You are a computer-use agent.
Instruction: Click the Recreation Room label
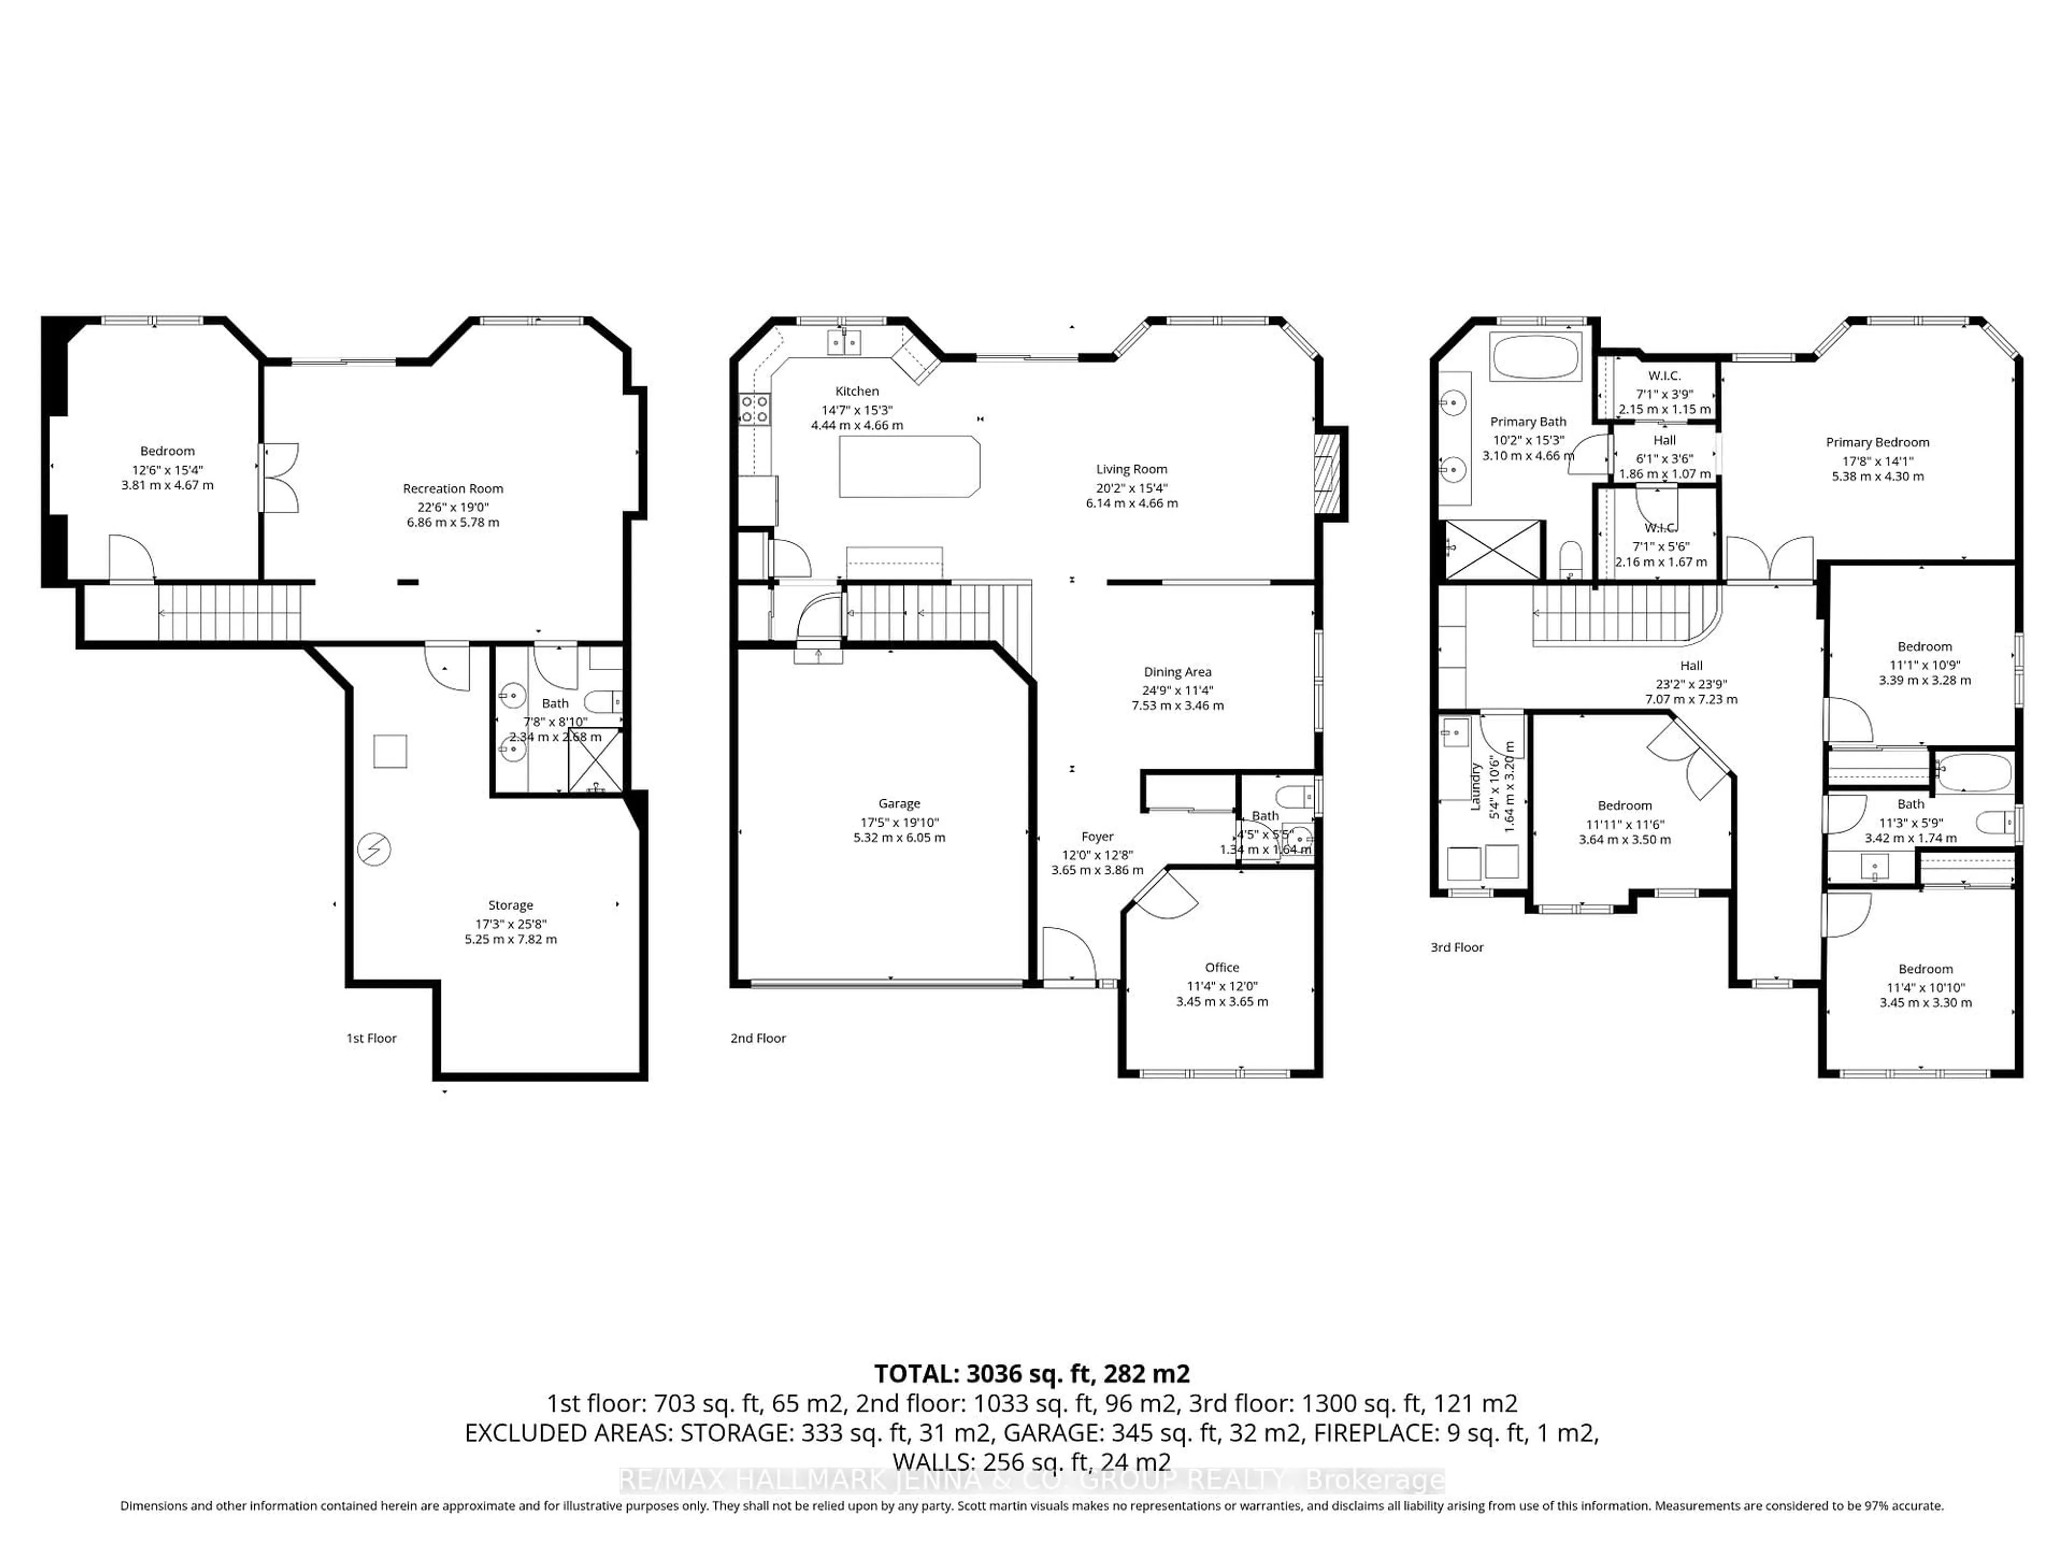pyautogui.click(x=453, y=488)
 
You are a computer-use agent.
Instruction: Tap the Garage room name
pyautogui.click(x=899, y=804)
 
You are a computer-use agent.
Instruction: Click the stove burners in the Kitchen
pyautogui.click(x=754, y=408)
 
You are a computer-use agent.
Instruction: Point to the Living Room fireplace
pyautogui.click(x=1329, y=472)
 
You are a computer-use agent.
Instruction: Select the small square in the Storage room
pyautogui.click(x=390, y=751)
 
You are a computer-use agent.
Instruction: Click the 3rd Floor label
pyautogui.click(x=1457, y=947)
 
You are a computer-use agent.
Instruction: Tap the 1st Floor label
pyautogui.click(x=371, y=1037)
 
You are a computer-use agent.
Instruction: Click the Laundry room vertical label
pyautogui.click(x=1476, y=786)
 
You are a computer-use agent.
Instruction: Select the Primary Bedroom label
pyautogui.click(x=1877, y=442)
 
